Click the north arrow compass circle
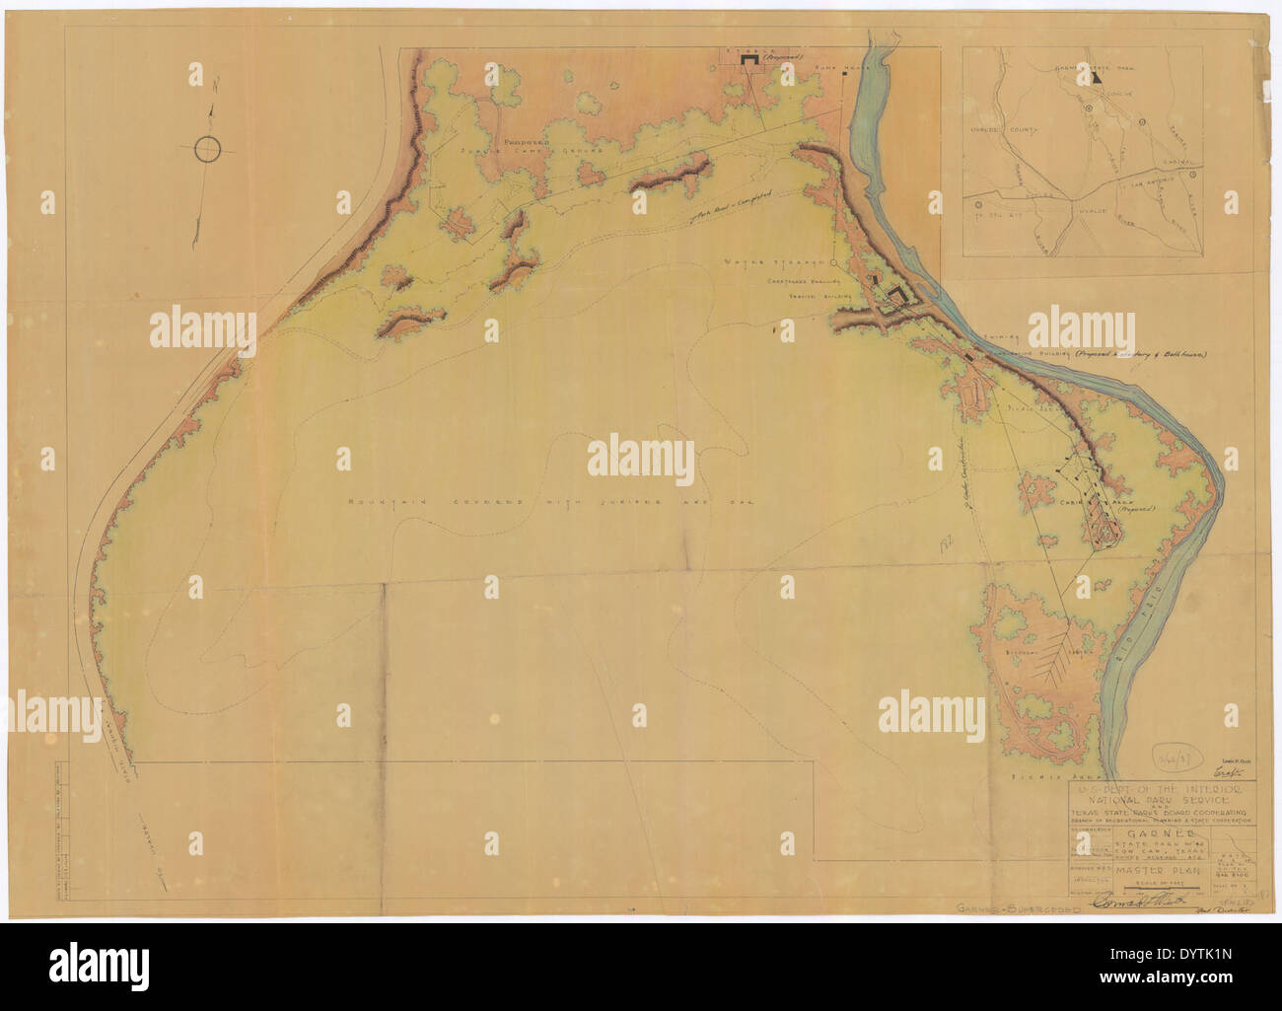[x=208, y=149]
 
